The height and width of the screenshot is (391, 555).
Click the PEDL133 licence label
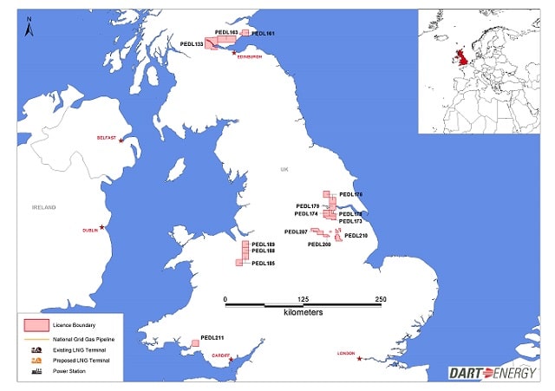point(192,43)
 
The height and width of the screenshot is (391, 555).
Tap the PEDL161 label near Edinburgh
point(264,33)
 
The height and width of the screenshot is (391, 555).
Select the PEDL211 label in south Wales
point(212,337)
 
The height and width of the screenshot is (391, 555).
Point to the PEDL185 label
point(263,263)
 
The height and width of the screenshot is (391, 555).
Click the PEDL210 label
point(356,236)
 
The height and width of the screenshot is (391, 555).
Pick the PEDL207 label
point(297,231)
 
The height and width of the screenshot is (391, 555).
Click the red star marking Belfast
point(121,140)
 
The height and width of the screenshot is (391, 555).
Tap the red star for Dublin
point(102,227)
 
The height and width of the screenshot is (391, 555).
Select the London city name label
point(347,353)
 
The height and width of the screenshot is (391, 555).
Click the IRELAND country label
point(43,208)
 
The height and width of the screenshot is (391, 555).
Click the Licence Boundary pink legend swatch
point(34,323)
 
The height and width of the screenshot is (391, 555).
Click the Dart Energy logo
point(493,373)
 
